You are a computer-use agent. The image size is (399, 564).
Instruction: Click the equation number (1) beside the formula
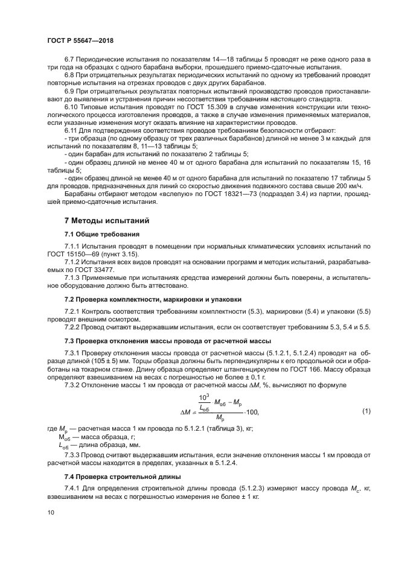(365, 411)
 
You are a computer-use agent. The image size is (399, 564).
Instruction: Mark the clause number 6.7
(69, 59)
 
